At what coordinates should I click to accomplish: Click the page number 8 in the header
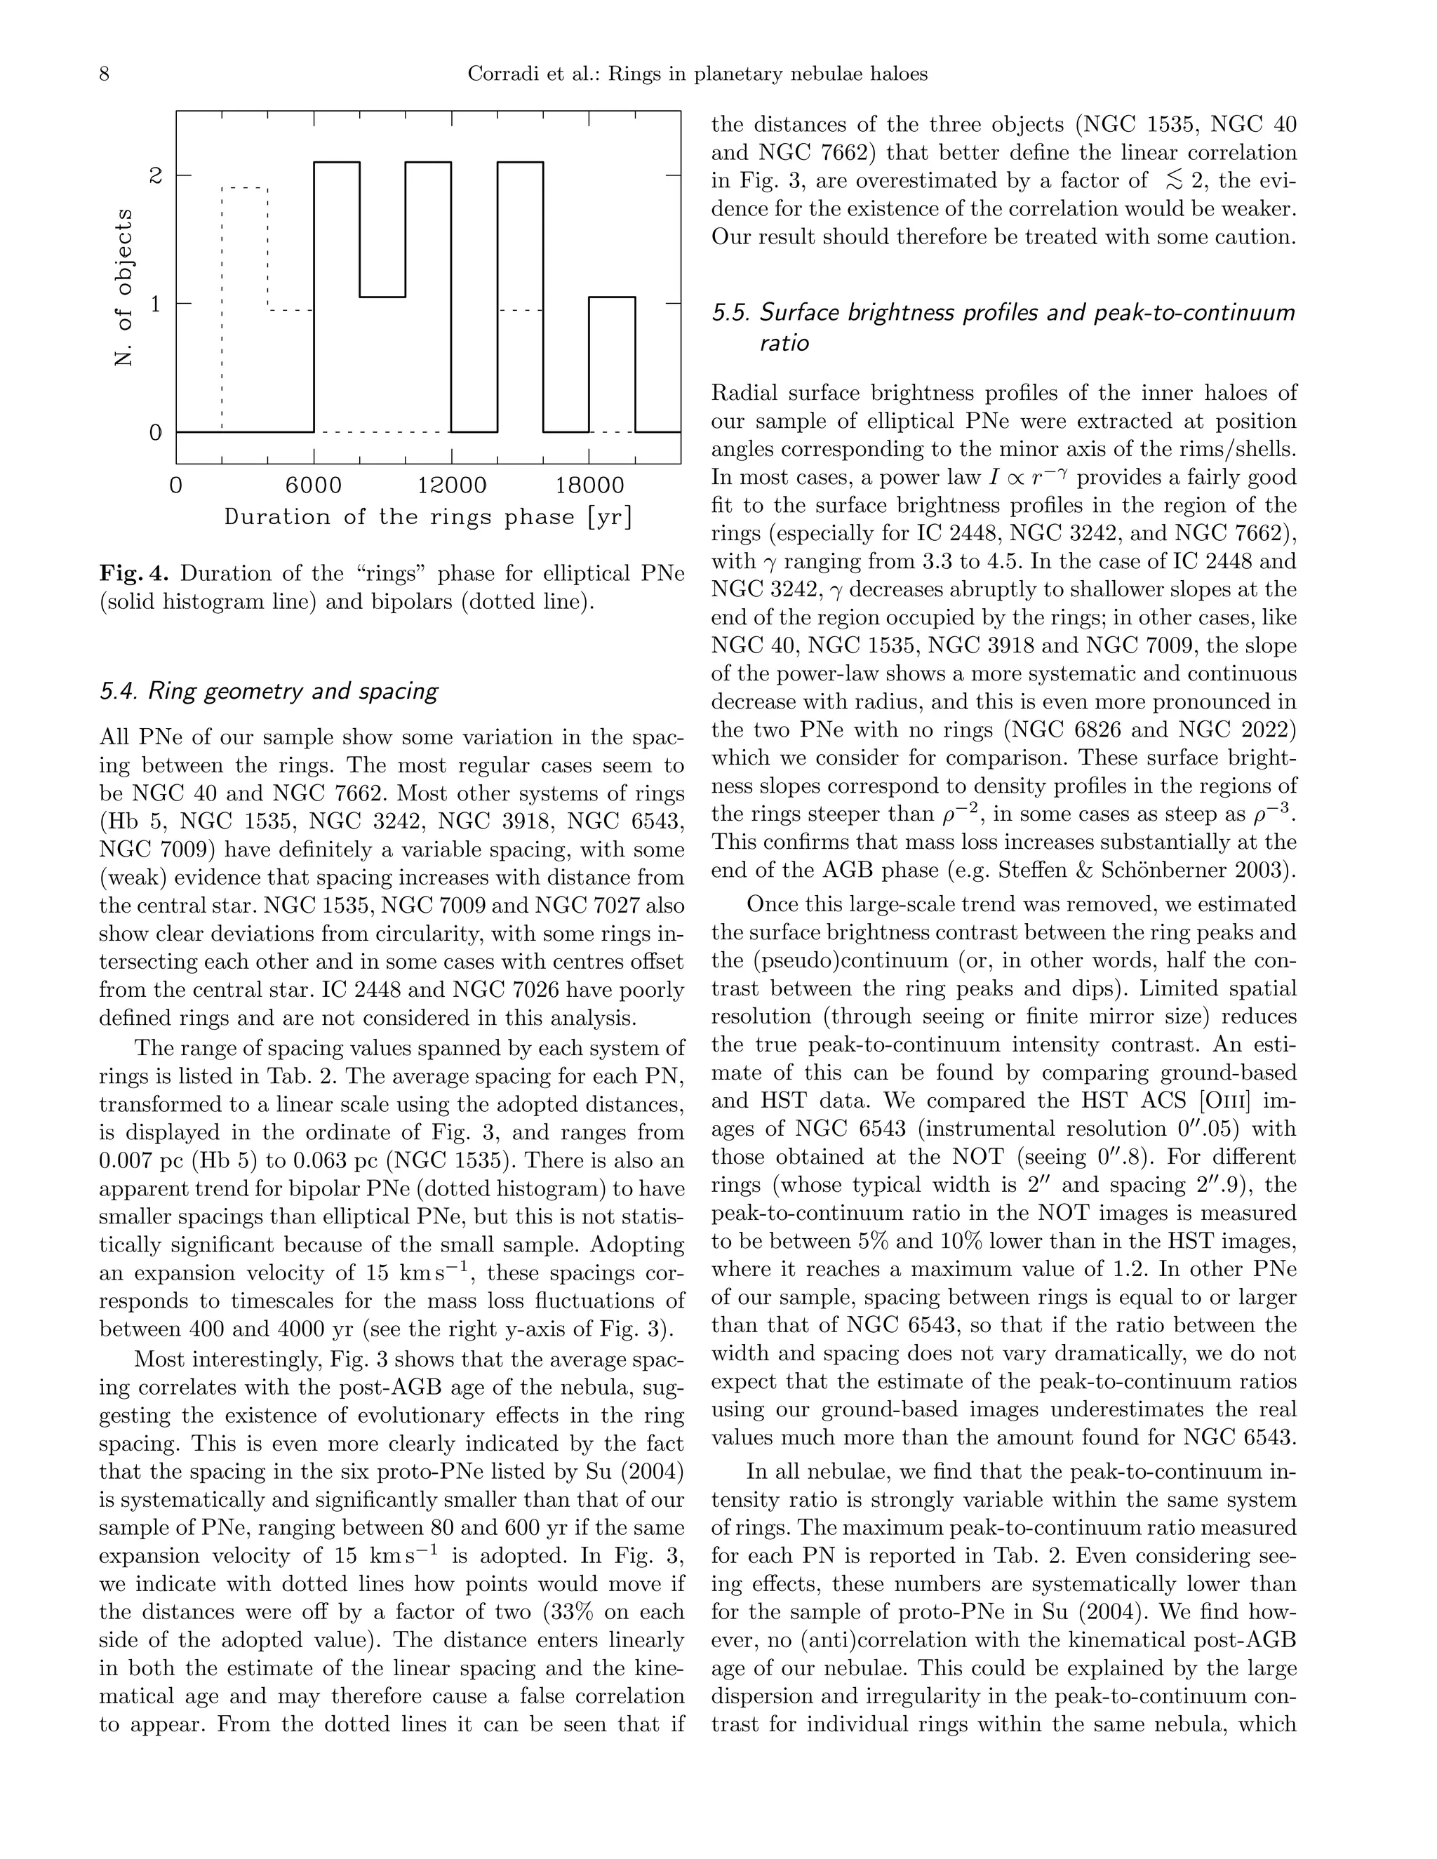(105, 74)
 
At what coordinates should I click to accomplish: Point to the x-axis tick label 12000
(451, 486)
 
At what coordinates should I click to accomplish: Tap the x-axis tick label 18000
(589, 486)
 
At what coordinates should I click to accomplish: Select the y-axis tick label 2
(155, 175)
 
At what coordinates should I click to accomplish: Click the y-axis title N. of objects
(124, 287)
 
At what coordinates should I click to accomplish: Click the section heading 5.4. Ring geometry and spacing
(268, 691)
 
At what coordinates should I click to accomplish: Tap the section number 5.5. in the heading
(730, 314)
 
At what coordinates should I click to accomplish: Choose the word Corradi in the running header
(500, 74)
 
